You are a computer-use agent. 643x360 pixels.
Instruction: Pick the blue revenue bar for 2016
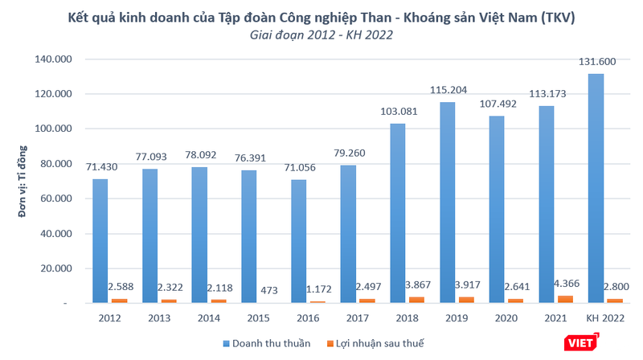pos(298,241)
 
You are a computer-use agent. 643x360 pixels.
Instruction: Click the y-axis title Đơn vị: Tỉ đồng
pos(23,185)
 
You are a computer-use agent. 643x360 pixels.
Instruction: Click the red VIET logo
pos(582,343)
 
